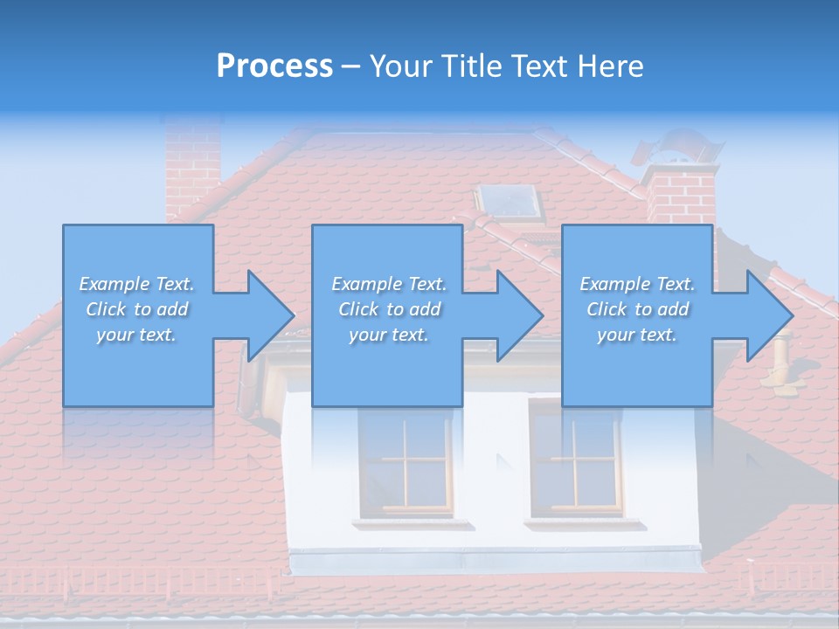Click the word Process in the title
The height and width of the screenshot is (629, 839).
pyautogui.click(x=274, y=66)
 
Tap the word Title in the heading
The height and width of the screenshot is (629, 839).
pyautogui.click(x=472, y=66)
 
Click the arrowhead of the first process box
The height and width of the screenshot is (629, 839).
pyautogui.click(x=271, y=315)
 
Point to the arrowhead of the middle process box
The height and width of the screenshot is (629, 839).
pyautogui.click(x=520, y=315)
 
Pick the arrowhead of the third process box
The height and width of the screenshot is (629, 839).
pyautogui.click(x=770, y=315)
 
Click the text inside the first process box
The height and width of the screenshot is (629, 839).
pyautogui.click(x=137, y=309)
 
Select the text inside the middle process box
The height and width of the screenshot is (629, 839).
pyautogui.click(x=389, y=309)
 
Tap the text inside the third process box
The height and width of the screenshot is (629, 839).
pyautogui.click(x=637, y=309)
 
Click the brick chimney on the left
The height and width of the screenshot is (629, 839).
pyautogui.click(x=192, y=166)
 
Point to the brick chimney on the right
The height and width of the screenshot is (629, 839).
pyautogui.click(x=682, y=197)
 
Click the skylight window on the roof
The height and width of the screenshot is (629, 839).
pyautogui.click(x=511, y=203)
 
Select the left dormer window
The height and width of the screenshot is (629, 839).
pyautogui.click(x=406, y=459)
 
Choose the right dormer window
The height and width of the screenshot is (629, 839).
pyautogui.click(x=575, y=459)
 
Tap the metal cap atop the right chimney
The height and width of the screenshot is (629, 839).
pyautogui.click(x=677, y=149)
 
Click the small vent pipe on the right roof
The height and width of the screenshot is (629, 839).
pyautogui.click(x=780, y=354)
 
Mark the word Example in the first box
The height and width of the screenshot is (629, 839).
pyautogui.click(x=114, y=284)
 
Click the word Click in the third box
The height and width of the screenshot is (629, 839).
pyautogui.click(x=607, y=309)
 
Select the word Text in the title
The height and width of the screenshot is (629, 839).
pyautogui.click(x=538, y=66)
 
